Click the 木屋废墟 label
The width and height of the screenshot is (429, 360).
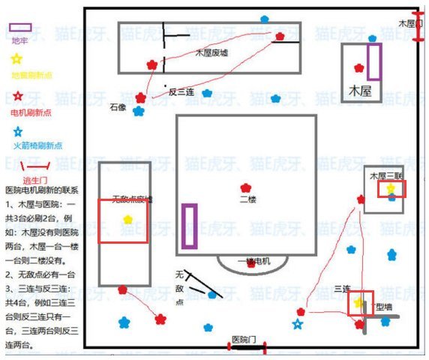(x=211, y=52)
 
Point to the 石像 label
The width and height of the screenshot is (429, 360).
(x=118, y=106)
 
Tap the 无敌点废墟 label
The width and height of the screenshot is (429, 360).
(x=131, y=199)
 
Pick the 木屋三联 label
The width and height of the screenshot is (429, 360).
(x=383, y=175)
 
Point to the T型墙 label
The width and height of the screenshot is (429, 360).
(x=382, y=307)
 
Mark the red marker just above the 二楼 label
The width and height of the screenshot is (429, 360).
(x=244, y=187)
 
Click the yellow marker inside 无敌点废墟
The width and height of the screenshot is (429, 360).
(x=128, y=220)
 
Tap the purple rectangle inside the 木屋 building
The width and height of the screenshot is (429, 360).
(x=373, y=61)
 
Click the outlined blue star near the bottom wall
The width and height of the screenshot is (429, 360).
(x=298, y=324)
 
